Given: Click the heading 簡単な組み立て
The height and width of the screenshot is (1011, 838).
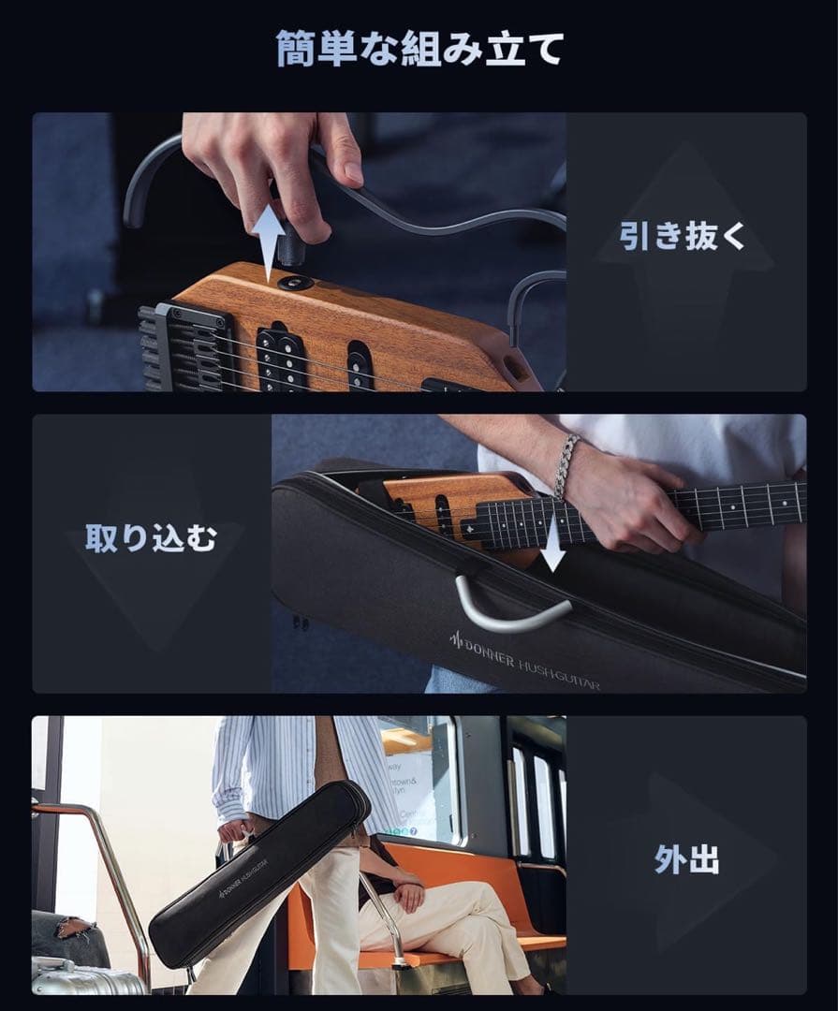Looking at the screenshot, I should click(419, 49).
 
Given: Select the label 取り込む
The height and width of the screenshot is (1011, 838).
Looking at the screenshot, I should click(152, 538).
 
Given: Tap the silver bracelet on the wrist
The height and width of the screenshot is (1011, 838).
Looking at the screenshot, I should click(565, 465).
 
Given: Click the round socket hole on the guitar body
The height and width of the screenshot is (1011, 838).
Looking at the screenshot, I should click(299, 282).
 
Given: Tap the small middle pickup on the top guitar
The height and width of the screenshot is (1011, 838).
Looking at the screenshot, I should click(360, 363).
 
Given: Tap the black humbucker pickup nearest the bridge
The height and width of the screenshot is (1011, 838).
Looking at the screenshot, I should click(282, 357).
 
